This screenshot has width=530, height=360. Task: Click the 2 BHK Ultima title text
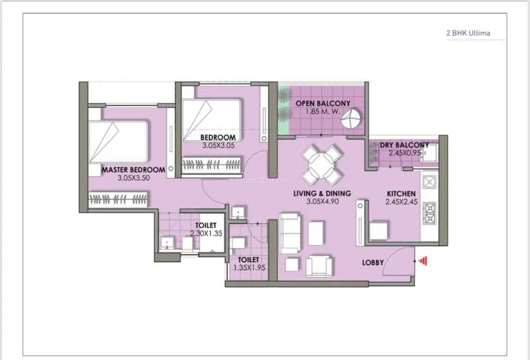(468, 33)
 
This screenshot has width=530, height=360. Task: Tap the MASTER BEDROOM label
(134, 170)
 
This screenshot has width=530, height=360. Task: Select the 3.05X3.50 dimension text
(134, 178)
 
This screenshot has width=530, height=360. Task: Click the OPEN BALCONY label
(323, 104)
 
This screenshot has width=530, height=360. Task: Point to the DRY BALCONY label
(404, 145)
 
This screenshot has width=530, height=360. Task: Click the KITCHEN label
(401, 194)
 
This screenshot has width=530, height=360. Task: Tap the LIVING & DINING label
(322, 194)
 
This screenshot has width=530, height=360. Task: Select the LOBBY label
(373, 263)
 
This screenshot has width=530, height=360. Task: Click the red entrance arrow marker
(423, 261)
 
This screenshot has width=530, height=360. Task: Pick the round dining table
(321, 166)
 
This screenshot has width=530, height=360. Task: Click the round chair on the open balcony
(351, 118)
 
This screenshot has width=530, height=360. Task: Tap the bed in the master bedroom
(118, 142)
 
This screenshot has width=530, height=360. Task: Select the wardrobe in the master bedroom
(118, 199)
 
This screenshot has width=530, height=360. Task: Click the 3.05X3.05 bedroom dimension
(218, 145)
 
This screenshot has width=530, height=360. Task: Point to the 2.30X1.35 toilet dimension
(206, 233)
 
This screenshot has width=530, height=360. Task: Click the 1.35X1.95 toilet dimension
(249, 268)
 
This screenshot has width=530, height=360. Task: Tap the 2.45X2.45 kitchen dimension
(401, 202)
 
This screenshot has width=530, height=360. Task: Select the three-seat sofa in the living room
(290, 233)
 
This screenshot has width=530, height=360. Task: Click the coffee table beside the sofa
(316, 233)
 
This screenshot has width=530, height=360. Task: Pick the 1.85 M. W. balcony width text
(323, 112)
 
